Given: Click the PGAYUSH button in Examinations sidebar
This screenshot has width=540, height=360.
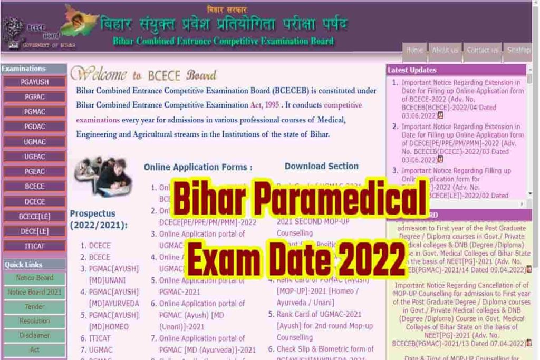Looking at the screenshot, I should (34, 82).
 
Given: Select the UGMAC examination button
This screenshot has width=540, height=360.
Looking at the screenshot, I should (34, 142).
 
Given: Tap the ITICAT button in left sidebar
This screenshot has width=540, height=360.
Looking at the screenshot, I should (34, 246).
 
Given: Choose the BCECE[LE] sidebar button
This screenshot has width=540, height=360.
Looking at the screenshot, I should (34, 216).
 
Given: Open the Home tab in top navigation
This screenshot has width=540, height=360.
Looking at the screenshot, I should (414, 51).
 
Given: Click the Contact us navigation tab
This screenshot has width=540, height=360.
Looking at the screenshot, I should (482, 51).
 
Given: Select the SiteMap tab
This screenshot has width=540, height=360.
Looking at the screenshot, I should (518, 51).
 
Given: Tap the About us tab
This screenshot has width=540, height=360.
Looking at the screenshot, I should (445, 51).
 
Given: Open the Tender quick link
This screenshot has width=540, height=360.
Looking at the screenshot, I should (34, 307).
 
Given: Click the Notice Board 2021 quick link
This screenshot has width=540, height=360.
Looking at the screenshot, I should (34, 292).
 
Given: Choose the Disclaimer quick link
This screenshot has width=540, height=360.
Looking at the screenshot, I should (34, 335).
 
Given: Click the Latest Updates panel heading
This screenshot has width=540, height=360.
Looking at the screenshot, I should (412, 70).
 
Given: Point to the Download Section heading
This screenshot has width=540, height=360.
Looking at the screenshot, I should (321, 167).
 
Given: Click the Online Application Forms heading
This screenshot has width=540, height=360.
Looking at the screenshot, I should (198, 167).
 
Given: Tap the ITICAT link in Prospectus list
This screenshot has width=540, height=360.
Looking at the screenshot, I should (100, 338).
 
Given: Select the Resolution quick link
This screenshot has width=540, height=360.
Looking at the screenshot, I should (34, 321).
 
